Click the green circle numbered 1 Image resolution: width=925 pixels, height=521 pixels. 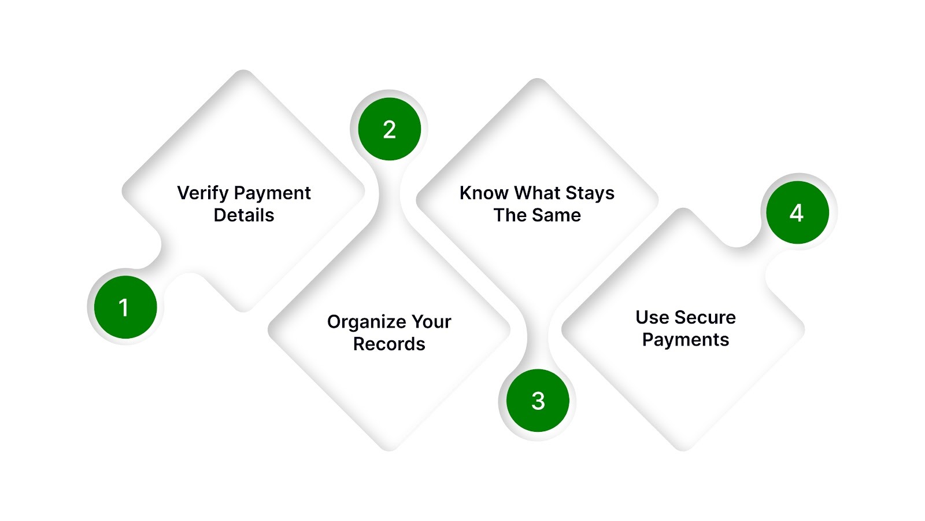[x=125, y=307]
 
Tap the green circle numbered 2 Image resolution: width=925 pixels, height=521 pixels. [x=389, y=129]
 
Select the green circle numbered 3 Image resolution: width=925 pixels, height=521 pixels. [x=538, y=401]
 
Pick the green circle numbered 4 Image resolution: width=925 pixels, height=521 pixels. [x=797, y=212]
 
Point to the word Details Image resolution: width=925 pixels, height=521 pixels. [x=243, y=215]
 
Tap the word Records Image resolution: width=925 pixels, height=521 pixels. [x=389, y=344]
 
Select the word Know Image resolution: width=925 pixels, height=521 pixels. [x=484, y=193]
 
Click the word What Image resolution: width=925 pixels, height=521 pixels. [x=537, y=193]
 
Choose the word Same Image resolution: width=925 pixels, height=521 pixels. [x=556, y=215]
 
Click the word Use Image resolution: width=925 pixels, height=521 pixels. [x=652, y=317]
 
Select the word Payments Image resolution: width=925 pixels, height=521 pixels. [x=686, y=340]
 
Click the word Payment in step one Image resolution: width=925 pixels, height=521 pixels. [x=273, y=193]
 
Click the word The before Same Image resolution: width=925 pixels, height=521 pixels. [x=510, y=215]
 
